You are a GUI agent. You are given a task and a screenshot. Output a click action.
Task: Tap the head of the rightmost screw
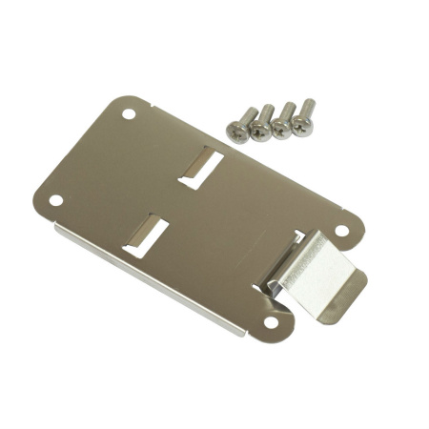click(303, 125)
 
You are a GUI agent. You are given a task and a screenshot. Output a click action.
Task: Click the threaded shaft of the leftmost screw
click(246, 115)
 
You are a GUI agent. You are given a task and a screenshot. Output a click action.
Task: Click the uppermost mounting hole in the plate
click(129, 113)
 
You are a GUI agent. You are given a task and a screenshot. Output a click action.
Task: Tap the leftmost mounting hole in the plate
click(56, 200)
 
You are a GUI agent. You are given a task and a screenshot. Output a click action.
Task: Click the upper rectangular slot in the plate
click(202, 168)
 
